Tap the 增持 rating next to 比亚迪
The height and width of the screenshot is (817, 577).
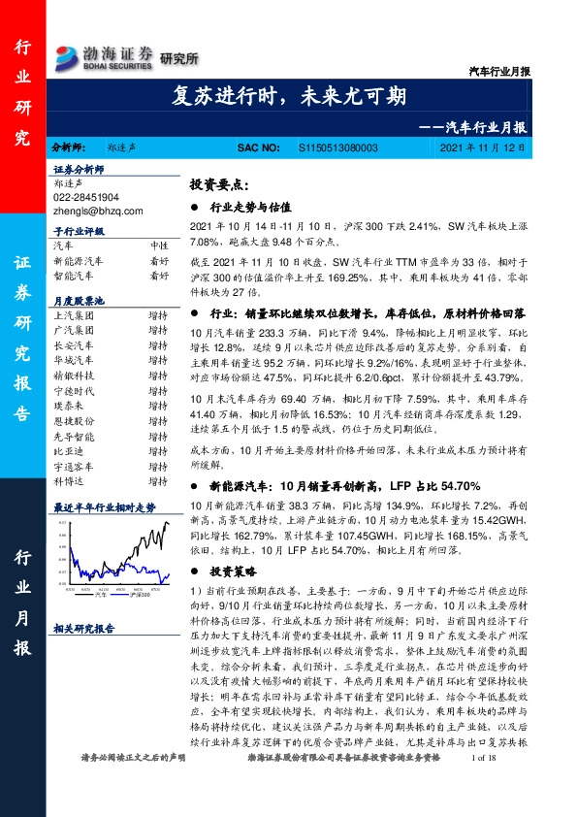coord(158,452)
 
